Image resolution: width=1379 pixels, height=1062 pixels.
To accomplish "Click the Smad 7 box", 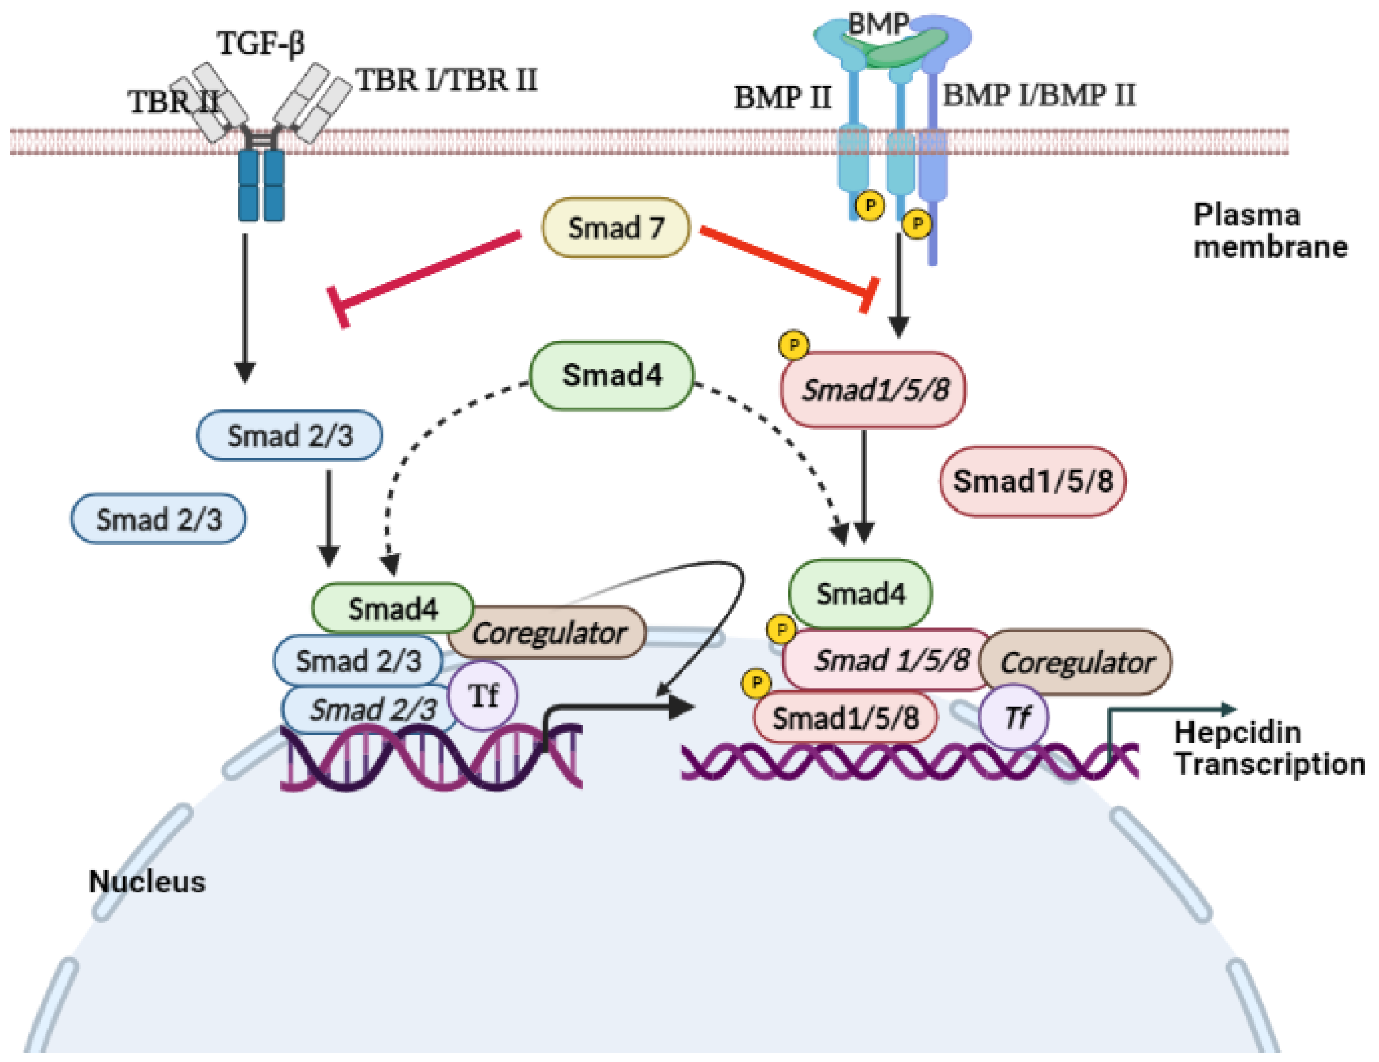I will [615, 228].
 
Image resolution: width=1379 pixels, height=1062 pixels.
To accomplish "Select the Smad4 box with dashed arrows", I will [611, 376].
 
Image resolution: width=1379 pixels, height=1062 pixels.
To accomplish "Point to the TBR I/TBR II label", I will [447, 80].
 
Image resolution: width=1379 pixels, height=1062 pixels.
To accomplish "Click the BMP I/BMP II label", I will [1039, 95].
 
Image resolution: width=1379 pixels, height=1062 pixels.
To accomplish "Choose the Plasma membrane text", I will [1269, 231].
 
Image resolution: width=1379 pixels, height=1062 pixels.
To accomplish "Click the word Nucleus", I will [147, 882].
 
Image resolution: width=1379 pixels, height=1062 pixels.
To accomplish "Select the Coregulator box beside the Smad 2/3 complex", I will [548, 633].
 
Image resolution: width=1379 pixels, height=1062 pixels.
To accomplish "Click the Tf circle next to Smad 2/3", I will [483, 696].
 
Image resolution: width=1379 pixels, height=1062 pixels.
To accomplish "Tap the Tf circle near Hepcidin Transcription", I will [1014, 717].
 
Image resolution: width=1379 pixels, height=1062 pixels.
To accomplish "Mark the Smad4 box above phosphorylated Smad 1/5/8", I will [860, 594].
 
